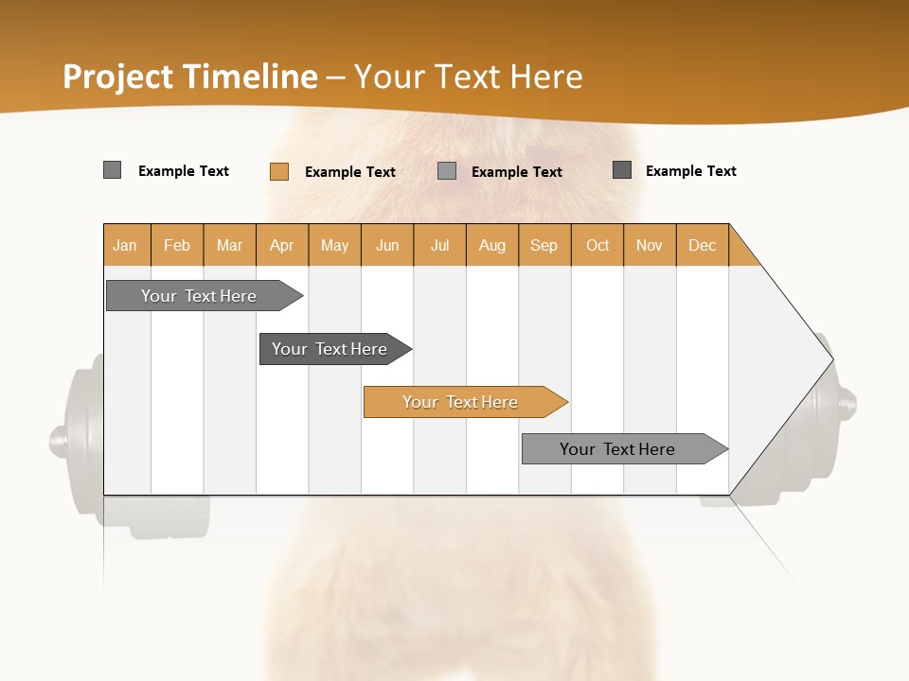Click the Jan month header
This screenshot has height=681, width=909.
coord(125,245)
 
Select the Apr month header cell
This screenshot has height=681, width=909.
coord(281,245)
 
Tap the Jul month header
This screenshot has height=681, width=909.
coord(439,245)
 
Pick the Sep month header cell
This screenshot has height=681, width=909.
coord(544,245)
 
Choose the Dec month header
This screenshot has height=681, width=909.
coord(702,245)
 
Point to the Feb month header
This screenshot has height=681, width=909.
coord(177,245)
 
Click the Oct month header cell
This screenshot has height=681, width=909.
coord(597,245)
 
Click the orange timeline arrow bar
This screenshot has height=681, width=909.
coord(465,402)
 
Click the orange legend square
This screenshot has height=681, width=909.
coord(278,171)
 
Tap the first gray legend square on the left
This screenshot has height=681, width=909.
coord(112,170)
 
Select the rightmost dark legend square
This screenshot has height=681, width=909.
coord(622,170)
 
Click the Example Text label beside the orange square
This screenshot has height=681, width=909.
coord(350,172)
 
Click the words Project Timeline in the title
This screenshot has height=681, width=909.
coord(189,77)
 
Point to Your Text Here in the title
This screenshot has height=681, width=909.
coord(468,77)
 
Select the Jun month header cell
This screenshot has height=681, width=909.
coord(387,245)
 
